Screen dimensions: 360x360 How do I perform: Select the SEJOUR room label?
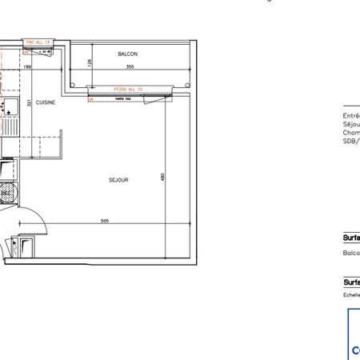118,180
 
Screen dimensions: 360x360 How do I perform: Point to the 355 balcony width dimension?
129,67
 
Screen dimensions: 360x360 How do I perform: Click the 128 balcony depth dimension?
91,62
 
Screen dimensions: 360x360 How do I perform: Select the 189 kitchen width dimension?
27,68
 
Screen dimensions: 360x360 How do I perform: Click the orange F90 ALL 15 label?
38,42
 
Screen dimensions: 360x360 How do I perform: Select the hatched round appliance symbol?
6,193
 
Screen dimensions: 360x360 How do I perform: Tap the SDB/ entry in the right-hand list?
351,141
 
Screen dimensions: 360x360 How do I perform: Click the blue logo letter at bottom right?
355,350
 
